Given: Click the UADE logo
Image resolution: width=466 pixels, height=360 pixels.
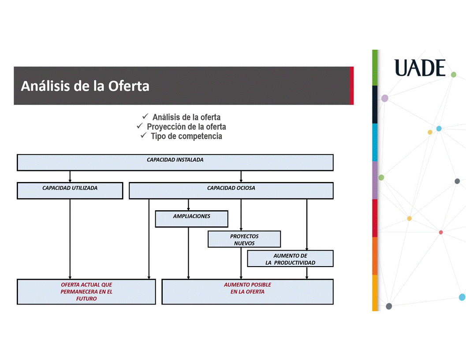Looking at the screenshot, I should [420, 68].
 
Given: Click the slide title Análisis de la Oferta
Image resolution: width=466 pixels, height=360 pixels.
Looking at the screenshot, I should [85, 85].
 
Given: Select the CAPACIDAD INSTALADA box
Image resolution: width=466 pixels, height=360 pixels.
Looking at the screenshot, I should [175, 162].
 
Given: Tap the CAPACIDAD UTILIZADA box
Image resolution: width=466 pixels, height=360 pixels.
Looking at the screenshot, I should [70, 191].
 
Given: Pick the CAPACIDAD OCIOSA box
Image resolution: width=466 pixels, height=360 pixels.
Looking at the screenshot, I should [231, 191].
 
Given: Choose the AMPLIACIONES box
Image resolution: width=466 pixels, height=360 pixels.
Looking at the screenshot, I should [191, 219].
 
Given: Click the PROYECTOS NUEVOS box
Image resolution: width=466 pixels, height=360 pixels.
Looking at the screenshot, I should [244, 239].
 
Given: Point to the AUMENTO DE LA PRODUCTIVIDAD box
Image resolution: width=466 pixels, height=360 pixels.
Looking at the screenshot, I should [290, 259].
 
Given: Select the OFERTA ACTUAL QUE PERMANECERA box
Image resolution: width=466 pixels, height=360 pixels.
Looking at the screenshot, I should [86, 292].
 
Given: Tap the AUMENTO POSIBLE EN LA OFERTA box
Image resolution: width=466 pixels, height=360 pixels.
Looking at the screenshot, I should [247, 291].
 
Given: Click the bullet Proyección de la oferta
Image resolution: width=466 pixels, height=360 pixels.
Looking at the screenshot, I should [186, 127].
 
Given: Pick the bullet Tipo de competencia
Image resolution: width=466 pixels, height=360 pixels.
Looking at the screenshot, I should [186, 136].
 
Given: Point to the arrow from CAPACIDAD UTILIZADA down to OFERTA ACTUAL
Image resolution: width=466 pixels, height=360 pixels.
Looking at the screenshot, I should [70, 238].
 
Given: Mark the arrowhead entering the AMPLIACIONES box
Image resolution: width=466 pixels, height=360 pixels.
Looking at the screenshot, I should [189, 208].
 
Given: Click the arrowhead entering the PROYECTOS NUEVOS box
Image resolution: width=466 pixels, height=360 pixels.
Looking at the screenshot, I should [241, 229].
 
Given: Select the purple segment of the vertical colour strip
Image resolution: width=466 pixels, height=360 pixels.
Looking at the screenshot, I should [375, 180].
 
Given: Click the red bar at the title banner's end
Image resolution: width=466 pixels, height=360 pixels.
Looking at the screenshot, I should [351, 85].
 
